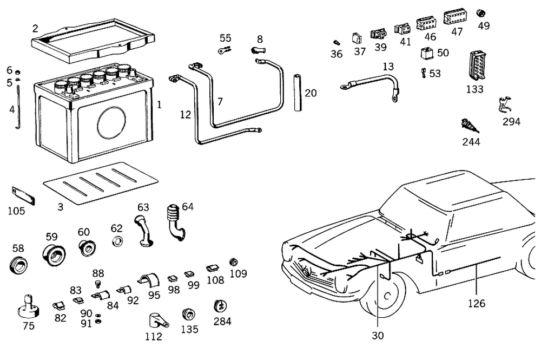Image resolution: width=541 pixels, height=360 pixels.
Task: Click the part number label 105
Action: point(16,211)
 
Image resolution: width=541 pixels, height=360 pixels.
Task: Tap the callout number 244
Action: point(471,142)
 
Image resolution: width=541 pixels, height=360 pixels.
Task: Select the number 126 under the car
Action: point(477,303)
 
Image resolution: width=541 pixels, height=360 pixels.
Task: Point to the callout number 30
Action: point(378,336)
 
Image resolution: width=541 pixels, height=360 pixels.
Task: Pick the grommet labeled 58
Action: point(19,266)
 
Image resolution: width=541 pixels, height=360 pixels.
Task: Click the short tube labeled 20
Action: point(297,93)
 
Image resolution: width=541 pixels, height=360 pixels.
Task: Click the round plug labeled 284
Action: point(220,306)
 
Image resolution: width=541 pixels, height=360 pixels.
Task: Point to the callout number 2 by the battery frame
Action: point(35,28)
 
